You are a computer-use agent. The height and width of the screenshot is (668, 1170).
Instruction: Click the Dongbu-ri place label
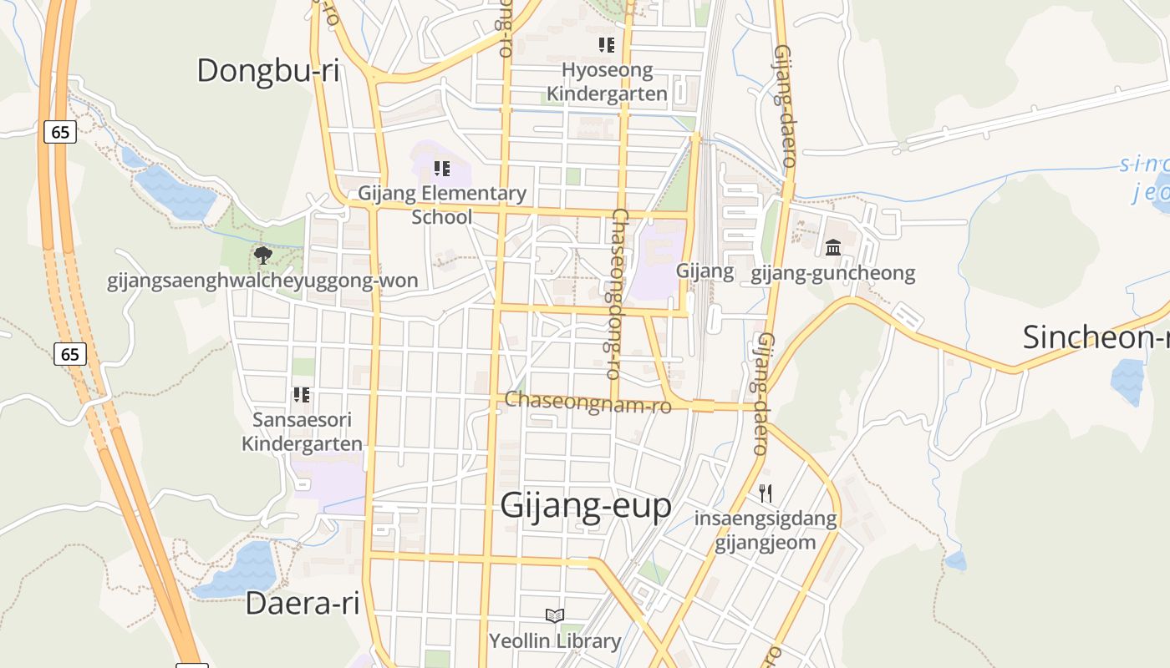click(267, 71)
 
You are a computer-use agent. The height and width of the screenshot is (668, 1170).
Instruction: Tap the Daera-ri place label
click(303, 603)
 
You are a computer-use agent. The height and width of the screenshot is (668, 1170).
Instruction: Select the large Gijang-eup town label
click(586, 506)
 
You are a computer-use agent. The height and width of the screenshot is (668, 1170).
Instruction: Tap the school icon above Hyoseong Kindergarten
click(607, 45)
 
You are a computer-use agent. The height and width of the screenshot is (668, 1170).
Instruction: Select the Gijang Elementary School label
click(442, 205)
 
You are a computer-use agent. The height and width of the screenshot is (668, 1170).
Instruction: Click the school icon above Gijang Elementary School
click(442, 170)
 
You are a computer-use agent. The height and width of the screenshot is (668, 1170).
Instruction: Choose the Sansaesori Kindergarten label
click(302, 432)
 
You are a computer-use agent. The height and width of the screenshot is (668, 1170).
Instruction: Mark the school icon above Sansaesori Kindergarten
click(302, 394)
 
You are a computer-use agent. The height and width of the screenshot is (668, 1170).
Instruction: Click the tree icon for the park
click(263, 255)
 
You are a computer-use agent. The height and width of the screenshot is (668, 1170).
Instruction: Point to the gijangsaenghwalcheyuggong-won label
click(262, 281)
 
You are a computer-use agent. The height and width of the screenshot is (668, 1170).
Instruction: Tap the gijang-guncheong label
click(833, 273)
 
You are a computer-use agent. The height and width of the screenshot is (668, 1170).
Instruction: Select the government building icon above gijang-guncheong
click(833, 248)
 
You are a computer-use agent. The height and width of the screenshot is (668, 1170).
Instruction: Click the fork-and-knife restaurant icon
click(766, 493)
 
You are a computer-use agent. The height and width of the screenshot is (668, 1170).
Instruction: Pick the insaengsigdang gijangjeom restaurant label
click(766, 531)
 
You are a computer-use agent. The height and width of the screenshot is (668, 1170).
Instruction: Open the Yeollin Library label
click(555, 641)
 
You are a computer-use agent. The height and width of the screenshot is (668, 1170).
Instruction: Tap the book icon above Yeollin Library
click(555, 616)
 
